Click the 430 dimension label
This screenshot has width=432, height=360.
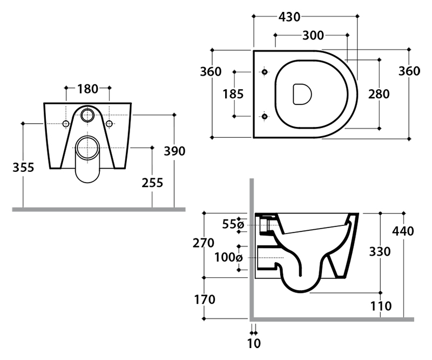click(289, 17)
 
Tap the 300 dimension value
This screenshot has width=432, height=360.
click(313, 36)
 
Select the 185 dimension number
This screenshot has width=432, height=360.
click(233, 94)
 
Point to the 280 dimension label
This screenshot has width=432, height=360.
click(379, 94)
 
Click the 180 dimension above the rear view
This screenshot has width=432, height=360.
click(87, 89)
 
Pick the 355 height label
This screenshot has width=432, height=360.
click(23, 168)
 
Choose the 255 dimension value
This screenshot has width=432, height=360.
click(152, 183)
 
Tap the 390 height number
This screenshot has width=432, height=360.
click(174, 151)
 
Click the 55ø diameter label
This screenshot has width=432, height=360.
click(233, 224)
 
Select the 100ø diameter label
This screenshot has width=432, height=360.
click(228, 258)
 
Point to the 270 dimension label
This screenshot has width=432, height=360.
click(204, 243)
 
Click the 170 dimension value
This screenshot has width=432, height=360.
click(205, 299)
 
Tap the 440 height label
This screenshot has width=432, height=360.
click(403, 231)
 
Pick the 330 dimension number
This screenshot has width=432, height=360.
click(380, 251)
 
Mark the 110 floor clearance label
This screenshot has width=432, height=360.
click(381, 306)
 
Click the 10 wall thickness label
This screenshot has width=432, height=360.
click(254, 343)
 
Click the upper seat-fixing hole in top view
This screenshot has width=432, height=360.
click(265, 72)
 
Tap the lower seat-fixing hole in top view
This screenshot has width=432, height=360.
click(265, 116)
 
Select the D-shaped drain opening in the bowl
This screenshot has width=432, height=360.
click(302, 95)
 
